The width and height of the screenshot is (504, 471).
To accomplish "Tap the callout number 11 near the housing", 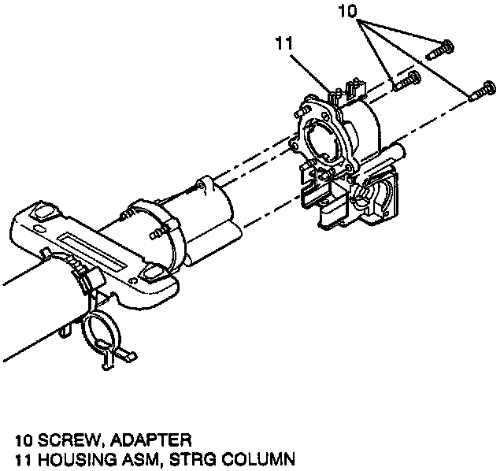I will point(284,43).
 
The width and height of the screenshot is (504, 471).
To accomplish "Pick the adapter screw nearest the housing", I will point(406,80).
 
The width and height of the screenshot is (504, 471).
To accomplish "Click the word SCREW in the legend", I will point(48,439).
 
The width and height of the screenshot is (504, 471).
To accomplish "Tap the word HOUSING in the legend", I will point(57,457).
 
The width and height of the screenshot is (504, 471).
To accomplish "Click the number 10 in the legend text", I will point(12,439).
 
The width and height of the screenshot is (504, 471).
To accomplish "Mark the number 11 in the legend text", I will point(12,457).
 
